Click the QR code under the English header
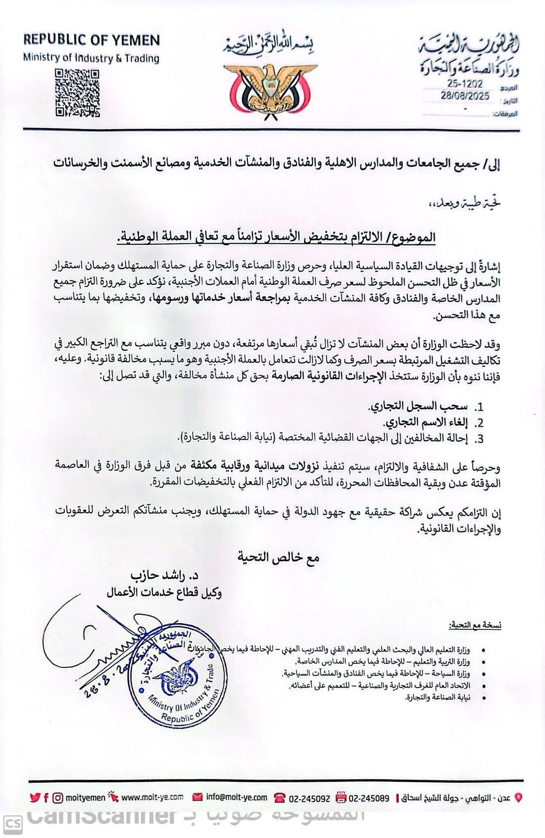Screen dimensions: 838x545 click(77, 93)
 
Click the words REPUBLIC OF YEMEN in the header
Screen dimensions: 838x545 click(91, 40)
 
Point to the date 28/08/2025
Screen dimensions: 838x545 click(465, 96)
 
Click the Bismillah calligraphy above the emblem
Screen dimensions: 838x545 click(269, 46)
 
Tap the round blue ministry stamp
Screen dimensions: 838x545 click(177, 679)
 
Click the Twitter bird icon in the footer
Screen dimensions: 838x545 click(35, 798)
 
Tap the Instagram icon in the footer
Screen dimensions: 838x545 click(58, 798)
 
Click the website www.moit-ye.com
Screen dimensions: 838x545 click(152, 797)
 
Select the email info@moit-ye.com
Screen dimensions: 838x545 click(236, 797)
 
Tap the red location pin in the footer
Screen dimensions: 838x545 click(518, 798)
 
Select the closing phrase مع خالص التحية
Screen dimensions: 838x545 click(279, 557)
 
